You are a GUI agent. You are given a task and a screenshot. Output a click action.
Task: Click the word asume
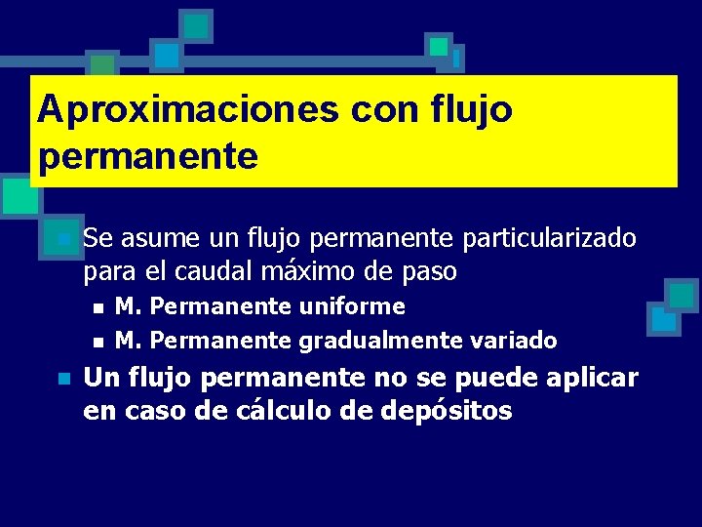pos(156,238)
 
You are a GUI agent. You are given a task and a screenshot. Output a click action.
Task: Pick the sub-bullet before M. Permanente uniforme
pos(97,308)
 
